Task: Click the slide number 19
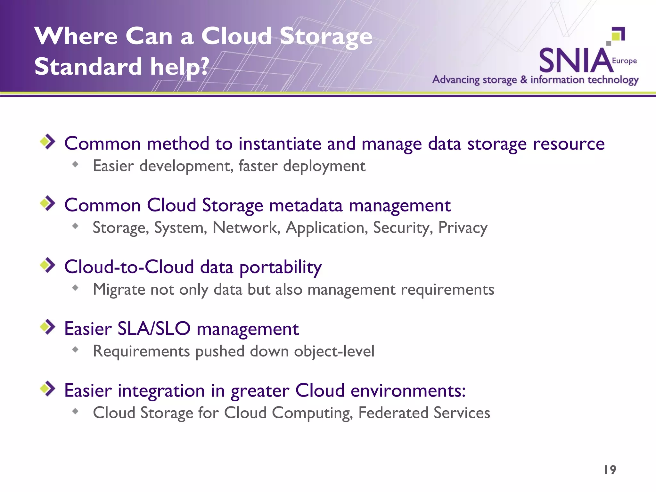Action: click(x=610, y=470)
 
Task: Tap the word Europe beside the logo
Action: click(x=624, y=61)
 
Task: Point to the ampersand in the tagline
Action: click(x=524, y=79)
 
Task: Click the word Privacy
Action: click(x=463, y=228)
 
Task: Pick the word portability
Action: click(x=281, y=267)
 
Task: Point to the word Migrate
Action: click(x=119, y=290)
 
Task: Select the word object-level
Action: click(x=334, y=351)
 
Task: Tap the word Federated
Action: click(x=393, y=413)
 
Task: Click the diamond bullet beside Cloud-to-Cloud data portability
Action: click(x=48, y=265)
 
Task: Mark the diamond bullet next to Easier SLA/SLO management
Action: click(x=48, y=327)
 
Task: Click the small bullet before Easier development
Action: click(x=75, y=164)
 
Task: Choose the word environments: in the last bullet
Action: click(x=408, y=390)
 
